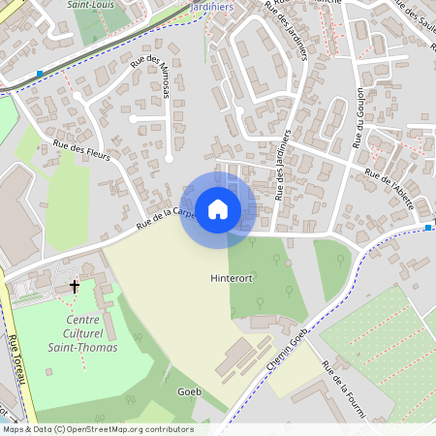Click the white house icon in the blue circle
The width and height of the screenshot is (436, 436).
[218, 208]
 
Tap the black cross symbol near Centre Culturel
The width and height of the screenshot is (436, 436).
[75, 287]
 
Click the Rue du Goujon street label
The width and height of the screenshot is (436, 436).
[359, 117]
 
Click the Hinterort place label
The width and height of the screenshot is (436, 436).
[231, 278]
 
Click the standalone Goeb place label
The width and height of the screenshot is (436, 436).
[190, 391]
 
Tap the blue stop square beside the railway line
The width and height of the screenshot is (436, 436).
[39, 74]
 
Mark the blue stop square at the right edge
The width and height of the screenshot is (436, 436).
[427, 227]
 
